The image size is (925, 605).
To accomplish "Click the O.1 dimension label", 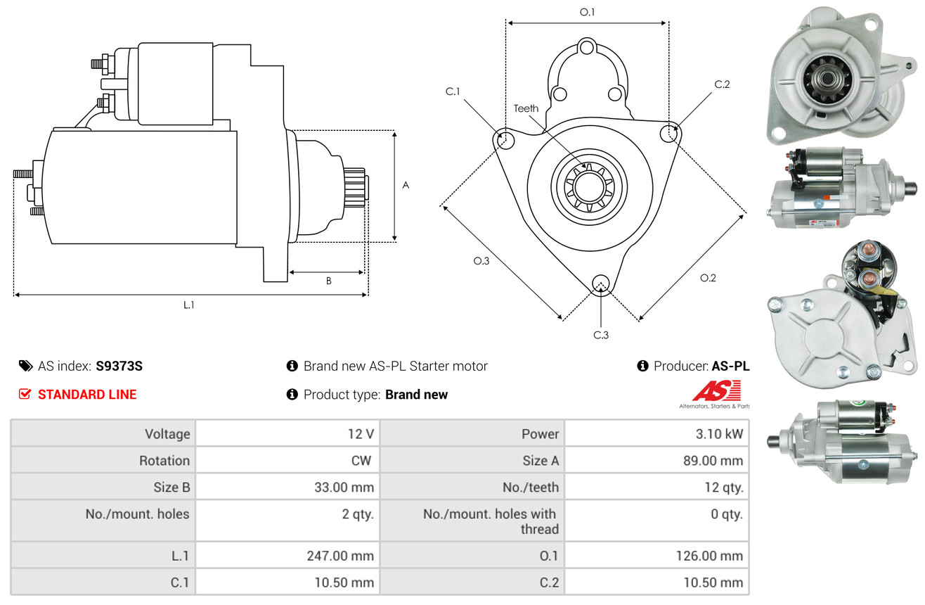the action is tap(587, 13).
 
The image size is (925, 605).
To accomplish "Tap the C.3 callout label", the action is tap(601, 335).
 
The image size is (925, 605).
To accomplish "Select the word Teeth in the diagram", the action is tap(526, 108).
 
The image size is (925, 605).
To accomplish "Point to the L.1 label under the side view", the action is tap(188, 305).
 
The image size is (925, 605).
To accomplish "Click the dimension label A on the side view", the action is tap(406, 185).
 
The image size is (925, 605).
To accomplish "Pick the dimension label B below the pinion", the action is tap(329, 281).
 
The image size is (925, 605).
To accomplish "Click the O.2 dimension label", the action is tap(709, 278).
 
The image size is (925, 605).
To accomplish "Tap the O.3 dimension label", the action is tap(481, 261).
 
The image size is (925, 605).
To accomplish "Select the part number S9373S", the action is tap(119, 366).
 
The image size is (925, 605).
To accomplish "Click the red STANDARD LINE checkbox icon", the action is tap(25, 394).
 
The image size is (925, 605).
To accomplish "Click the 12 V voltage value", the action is tap(361, 434).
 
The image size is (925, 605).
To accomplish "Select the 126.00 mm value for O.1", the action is tap(709, 556).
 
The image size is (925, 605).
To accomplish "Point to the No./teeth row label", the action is tap(531, 488).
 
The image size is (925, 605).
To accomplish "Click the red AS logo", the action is tap(717, 390).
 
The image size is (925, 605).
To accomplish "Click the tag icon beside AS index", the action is tap(25, 366).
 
